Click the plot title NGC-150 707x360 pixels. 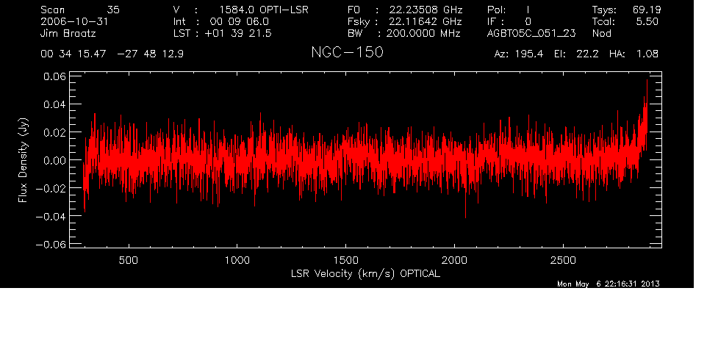tap(347, 52)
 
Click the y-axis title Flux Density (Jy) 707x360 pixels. tap(23, 160)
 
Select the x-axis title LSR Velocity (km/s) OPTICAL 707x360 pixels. tap(365, 273)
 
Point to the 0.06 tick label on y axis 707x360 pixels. tap(54, 76)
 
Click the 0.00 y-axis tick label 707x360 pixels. tap(54, 160)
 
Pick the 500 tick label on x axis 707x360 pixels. tap(129, 260)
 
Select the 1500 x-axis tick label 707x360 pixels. tap(346, 260)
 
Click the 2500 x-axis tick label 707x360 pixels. tap(563, 260)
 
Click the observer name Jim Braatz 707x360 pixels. tap(68, 33)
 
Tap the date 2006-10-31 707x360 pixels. tap(74, 21)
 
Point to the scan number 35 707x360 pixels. tap(113, 10)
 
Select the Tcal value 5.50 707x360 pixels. tap(647, 21)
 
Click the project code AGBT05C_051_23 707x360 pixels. tap(531, 33)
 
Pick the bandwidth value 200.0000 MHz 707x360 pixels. tap(423, 33)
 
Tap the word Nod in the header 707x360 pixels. tap(601, 33)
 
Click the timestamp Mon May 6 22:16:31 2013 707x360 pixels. tap(609, 284)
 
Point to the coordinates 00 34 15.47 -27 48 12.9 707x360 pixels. tap(112, 54)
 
